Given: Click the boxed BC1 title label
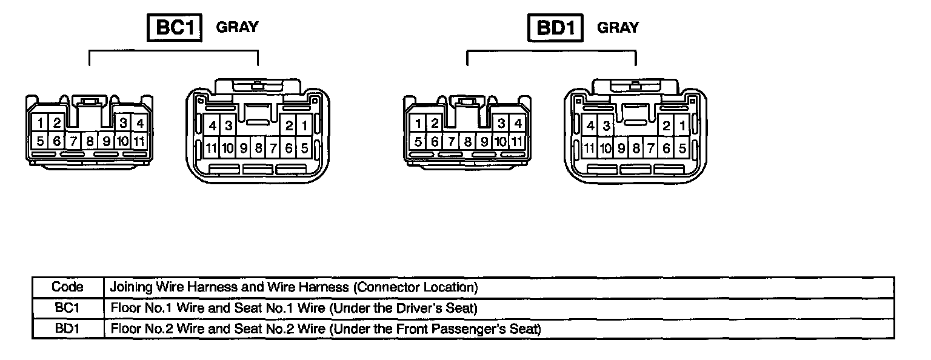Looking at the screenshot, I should pos(175,28).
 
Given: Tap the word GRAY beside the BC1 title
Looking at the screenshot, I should pos(237,27).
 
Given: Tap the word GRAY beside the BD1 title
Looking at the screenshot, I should pos(618,28).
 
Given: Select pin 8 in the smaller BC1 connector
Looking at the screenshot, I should pos(90,142).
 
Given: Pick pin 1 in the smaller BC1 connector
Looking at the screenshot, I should pos(40,123).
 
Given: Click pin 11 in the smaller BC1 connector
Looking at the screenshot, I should pos(139,142).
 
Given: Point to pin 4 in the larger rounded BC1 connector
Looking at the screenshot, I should pos(212,126).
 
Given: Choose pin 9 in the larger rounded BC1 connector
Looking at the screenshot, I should pos(243,147).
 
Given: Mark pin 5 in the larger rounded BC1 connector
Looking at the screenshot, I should pos(304,147).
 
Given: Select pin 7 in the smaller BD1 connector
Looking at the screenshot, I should pos(452,142).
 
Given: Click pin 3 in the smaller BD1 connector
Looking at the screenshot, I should pos(501,124).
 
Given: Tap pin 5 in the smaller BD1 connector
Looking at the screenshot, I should pos(418,142).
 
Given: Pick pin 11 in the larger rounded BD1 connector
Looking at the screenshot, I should pos(589,147).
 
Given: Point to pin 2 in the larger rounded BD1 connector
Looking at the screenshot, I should pos(666,126).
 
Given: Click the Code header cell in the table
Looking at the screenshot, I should pos(67,287).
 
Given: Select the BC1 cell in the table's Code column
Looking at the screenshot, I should pos(67,308).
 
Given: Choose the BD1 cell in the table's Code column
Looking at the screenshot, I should pos(67,329).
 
